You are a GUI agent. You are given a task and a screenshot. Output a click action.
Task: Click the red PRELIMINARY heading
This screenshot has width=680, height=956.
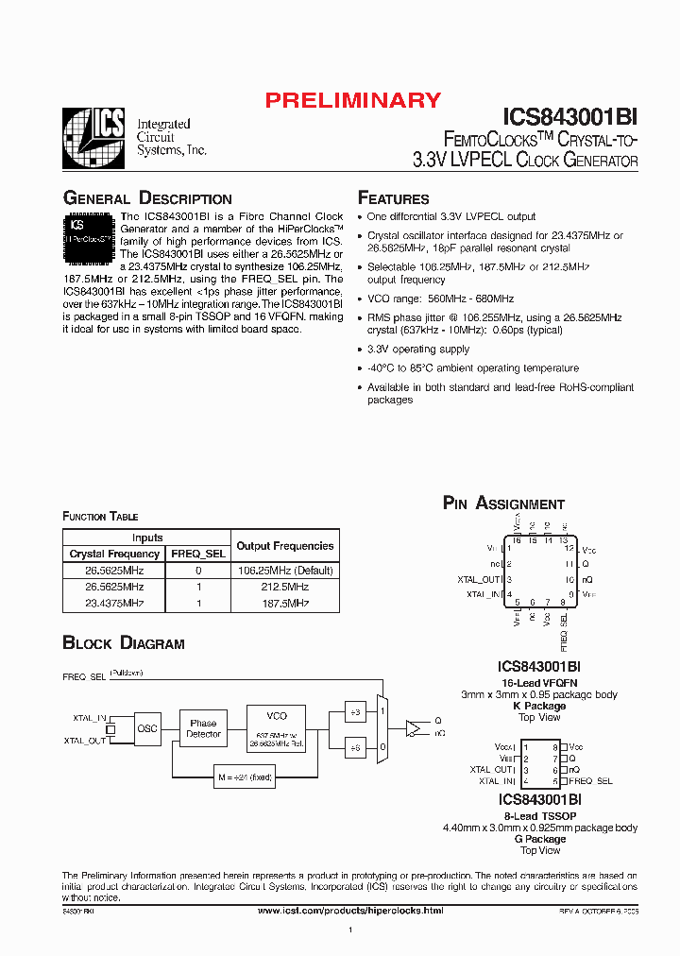352,100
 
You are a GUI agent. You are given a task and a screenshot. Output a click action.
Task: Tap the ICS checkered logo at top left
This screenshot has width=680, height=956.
93,138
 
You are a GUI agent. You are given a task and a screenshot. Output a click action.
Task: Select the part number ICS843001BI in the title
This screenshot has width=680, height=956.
569,116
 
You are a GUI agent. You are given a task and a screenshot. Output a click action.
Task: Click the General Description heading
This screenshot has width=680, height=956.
146,198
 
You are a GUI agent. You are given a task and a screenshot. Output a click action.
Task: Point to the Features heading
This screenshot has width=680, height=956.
393,198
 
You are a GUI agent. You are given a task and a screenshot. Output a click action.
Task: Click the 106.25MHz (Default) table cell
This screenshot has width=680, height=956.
284,571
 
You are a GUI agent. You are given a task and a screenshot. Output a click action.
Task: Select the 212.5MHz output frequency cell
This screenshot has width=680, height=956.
284,587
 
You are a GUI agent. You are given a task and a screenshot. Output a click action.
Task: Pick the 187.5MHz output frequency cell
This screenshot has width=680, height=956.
284,603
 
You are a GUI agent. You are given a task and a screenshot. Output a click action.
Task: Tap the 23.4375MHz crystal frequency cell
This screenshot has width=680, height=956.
114,603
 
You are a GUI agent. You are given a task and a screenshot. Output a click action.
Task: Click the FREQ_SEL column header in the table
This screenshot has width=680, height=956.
197,554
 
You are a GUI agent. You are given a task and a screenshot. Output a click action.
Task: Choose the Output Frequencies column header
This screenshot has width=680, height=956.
284,546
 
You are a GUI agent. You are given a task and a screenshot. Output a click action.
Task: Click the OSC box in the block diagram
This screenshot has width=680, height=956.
147,728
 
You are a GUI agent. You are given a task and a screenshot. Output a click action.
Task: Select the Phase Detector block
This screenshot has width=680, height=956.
203,728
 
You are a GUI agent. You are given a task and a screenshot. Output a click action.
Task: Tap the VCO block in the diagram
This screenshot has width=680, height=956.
277,728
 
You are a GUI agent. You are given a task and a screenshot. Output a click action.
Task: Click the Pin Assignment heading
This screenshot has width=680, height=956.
503,504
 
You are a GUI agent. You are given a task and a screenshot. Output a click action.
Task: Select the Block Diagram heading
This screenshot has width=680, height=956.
123,643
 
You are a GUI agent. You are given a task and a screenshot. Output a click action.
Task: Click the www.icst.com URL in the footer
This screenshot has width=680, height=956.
349,910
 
